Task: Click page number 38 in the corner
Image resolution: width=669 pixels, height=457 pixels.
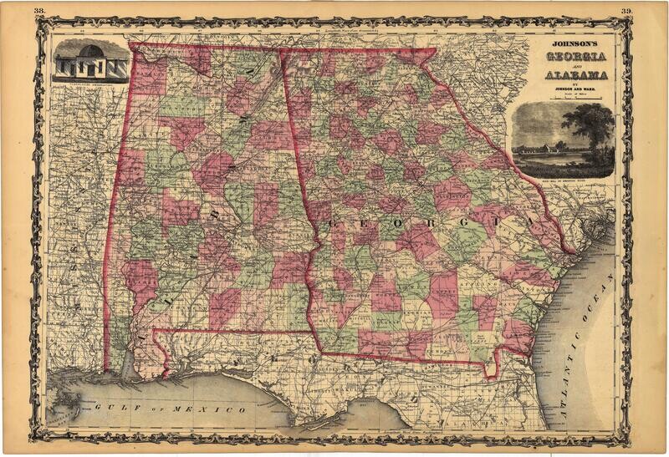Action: [39, 10]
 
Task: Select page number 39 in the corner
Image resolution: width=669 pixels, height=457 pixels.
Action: [626, 10]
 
